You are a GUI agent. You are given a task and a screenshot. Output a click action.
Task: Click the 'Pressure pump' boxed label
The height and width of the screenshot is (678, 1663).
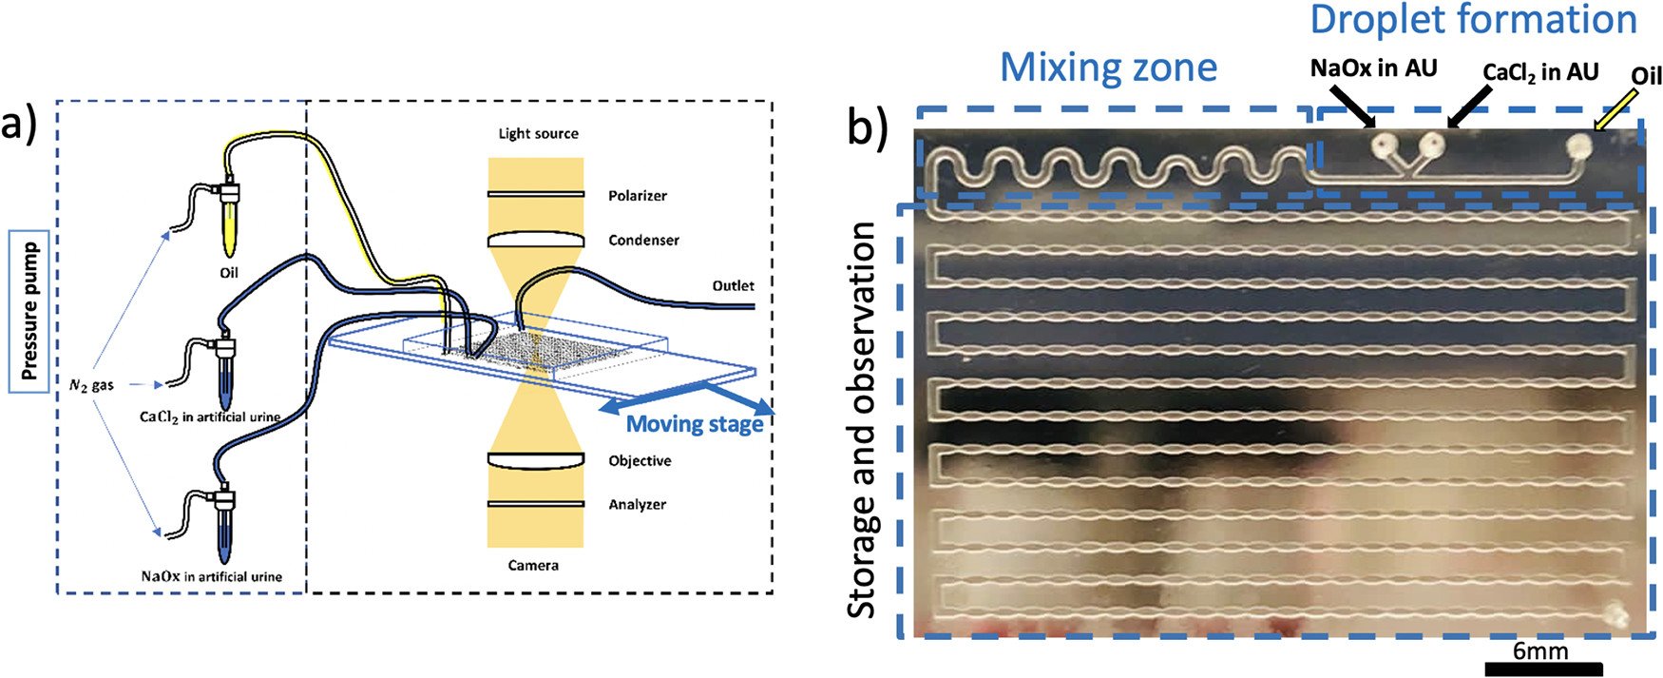[29, 310]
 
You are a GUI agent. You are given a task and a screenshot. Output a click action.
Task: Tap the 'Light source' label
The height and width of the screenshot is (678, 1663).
[538, 133]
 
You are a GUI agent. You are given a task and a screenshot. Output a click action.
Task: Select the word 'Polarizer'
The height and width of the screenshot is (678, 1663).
[637, 196]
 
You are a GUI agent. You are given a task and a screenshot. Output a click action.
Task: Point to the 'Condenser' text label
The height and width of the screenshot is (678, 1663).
[643, 241]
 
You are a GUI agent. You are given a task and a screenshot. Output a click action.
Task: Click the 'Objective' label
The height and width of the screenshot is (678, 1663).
[640, 461]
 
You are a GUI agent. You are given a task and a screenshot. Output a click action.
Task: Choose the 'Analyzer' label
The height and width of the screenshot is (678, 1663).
[637, 505]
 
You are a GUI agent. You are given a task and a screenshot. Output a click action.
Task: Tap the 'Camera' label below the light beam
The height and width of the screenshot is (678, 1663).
[533, 566]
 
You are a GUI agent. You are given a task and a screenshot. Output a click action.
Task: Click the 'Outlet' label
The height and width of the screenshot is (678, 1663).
[733, 285]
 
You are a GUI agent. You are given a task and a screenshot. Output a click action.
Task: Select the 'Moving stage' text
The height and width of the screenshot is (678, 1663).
[695, 424]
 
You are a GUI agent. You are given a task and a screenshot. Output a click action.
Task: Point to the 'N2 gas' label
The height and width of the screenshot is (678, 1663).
[91, 385]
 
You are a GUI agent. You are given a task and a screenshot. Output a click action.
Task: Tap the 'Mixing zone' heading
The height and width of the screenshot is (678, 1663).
[1108, 68]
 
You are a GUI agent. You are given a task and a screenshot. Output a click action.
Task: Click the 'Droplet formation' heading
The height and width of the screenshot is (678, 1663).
[1474, 20]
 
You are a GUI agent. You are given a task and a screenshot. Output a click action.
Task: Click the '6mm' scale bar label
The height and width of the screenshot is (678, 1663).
[1540, 651]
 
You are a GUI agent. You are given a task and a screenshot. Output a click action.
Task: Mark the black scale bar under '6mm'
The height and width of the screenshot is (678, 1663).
[1543, 669]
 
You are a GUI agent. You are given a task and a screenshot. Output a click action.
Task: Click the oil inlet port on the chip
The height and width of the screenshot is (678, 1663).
[1578, 145]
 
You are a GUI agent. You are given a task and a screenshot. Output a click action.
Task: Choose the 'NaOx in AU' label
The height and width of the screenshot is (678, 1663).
[1373, 68]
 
